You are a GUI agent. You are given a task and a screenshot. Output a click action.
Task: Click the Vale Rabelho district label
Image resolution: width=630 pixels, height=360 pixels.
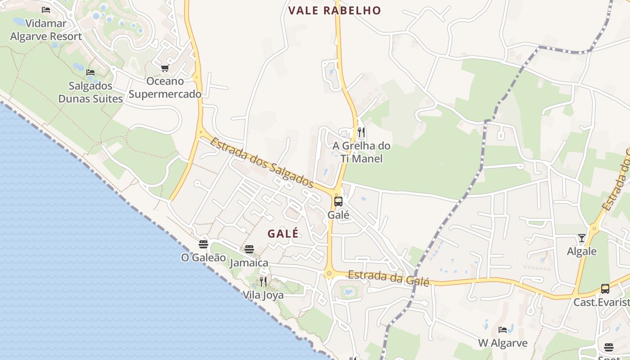334,10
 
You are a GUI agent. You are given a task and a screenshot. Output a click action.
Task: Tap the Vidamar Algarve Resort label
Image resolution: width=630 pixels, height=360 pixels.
46,30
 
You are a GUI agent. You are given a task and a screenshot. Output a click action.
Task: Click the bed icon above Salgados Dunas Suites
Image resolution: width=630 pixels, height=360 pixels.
90,72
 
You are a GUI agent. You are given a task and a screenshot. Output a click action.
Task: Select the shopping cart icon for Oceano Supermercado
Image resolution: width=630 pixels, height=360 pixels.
165,68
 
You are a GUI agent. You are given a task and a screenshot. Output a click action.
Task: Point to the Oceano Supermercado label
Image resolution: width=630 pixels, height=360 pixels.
165,88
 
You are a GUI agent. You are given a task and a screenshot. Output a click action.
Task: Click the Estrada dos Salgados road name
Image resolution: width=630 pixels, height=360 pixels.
262,162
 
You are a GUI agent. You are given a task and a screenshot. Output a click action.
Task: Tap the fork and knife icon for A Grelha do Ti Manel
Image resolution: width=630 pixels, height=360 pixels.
361,132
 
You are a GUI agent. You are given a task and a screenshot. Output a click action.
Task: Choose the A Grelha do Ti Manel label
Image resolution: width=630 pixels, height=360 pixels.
361,152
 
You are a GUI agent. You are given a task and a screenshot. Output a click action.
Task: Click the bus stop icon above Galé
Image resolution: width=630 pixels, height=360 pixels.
338,201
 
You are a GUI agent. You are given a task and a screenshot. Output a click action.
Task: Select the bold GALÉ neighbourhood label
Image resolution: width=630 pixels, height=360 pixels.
283,234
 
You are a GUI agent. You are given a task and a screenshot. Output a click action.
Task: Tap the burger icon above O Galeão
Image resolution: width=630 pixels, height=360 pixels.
203,244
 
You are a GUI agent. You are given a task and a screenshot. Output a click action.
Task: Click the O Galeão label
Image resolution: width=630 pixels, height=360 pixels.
203,257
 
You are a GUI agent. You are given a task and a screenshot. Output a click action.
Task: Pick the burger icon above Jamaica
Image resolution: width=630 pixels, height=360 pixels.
249,249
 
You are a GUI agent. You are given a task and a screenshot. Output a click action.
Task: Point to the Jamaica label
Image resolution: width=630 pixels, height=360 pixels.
249,263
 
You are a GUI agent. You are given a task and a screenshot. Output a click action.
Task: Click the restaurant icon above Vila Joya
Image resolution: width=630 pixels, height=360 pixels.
263,282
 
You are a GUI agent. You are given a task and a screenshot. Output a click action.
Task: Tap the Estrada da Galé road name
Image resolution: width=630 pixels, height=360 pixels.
389,278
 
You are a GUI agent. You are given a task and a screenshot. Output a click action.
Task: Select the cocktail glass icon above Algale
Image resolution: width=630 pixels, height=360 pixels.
582,238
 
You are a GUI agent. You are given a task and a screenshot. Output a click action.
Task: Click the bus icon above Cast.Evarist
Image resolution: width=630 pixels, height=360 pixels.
605,288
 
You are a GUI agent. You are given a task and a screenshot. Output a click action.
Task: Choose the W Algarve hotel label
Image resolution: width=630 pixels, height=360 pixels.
503,343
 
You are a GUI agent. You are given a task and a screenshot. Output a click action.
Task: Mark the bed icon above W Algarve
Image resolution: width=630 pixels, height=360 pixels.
503,330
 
